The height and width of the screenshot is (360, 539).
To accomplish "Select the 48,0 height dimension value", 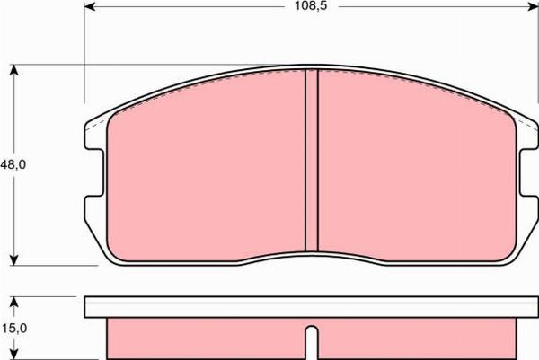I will pyautogui.click(x=13, y=164).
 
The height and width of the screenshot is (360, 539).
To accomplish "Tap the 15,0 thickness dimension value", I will pyautogui.click(x=13, y=329).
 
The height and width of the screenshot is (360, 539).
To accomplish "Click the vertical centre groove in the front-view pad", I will pyautogui.click(x=312, y=162).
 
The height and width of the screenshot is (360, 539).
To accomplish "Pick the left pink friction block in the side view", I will pyautogui.click(x=207, y=338).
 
